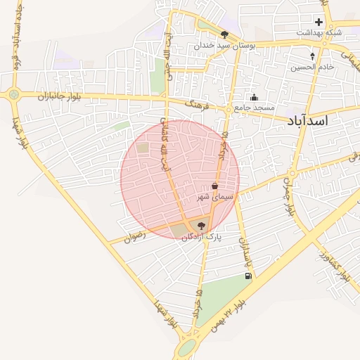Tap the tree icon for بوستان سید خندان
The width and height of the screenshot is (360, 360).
pos(224,33)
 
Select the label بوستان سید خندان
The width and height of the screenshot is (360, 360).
pos(225,44)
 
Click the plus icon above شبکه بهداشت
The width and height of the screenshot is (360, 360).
pos(319,22)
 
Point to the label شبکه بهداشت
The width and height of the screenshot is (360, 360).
pos(319,32)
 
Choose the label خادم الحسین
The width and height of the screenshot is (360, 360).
pos(312,67)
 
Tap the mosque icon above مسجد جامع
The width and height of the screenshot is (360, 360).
pos(254,97)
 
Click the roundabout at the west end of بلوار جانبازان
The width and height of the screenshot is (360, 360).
pos(14,94)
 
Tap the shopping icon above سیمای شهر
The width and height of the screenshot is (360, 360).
pos(214,186)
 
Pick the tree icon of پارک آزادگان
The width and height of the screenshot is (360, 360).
pos(202,226)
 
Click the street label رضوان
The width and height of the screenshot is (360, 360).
pos(134,237)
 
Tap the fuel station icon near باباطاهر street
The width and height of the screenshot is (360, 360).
pos(247,276)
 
